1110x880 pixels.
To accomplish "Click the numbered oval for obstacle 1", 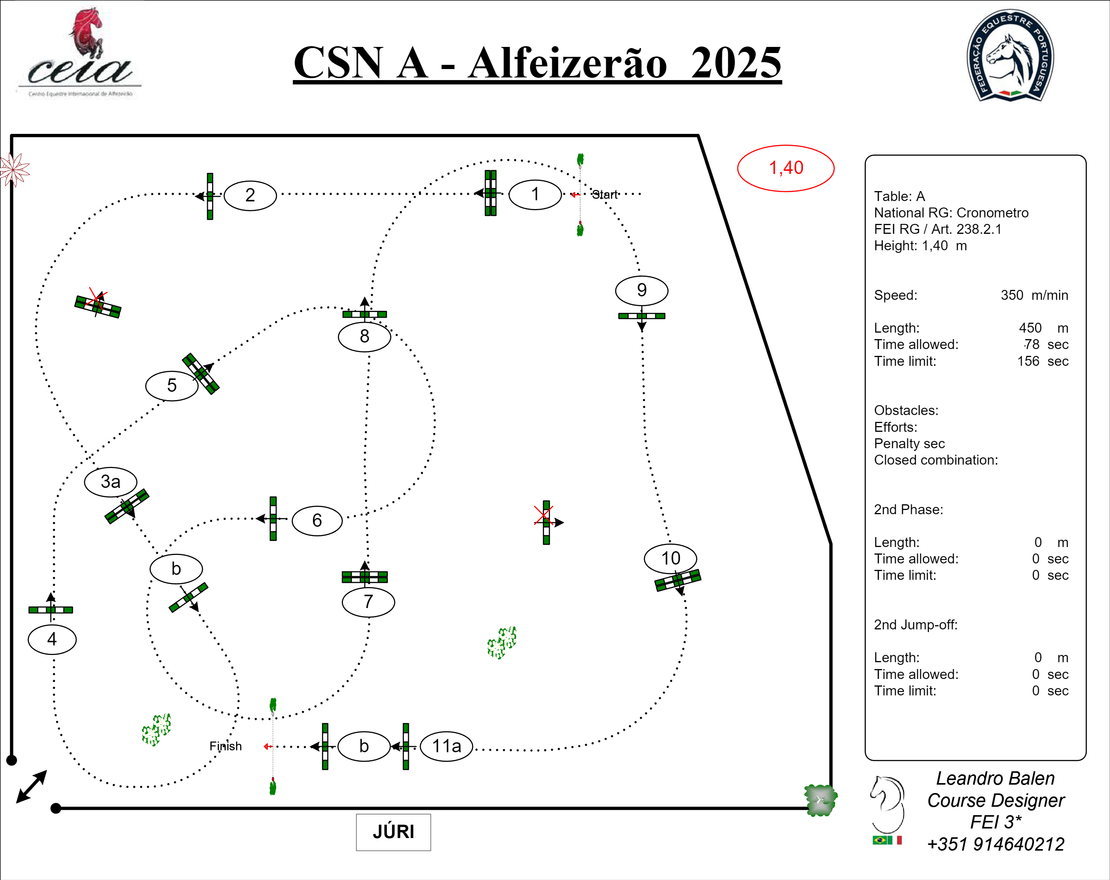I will click(535, 195).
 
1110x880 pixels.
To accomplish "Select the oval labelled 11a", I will click(446, 746).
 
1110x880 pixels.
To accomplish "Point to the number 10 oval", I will click(670, 558).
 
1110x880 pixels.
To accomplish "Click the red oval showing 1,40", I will click(786, 168).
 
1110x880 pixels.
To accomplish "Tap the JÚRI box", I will click(393, 832).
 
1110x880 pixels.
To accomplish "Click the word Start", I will click(605, 195).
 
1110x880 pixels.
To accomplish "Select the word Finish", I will click(225, 746).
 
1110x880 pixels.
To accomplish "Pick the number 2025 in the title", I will click(736, 63).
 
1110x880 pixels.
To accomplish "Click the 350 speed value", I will click(1012, 295).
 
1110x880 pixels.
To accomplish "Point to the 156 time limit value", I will click(1028, 361).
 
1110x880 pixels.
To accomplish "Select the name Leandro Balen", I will click(995, 778).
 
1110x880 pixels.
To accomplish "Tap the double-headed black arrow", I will click(32, 786).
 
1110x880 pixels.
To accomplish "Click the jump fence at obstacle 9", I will click(642, 315).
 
